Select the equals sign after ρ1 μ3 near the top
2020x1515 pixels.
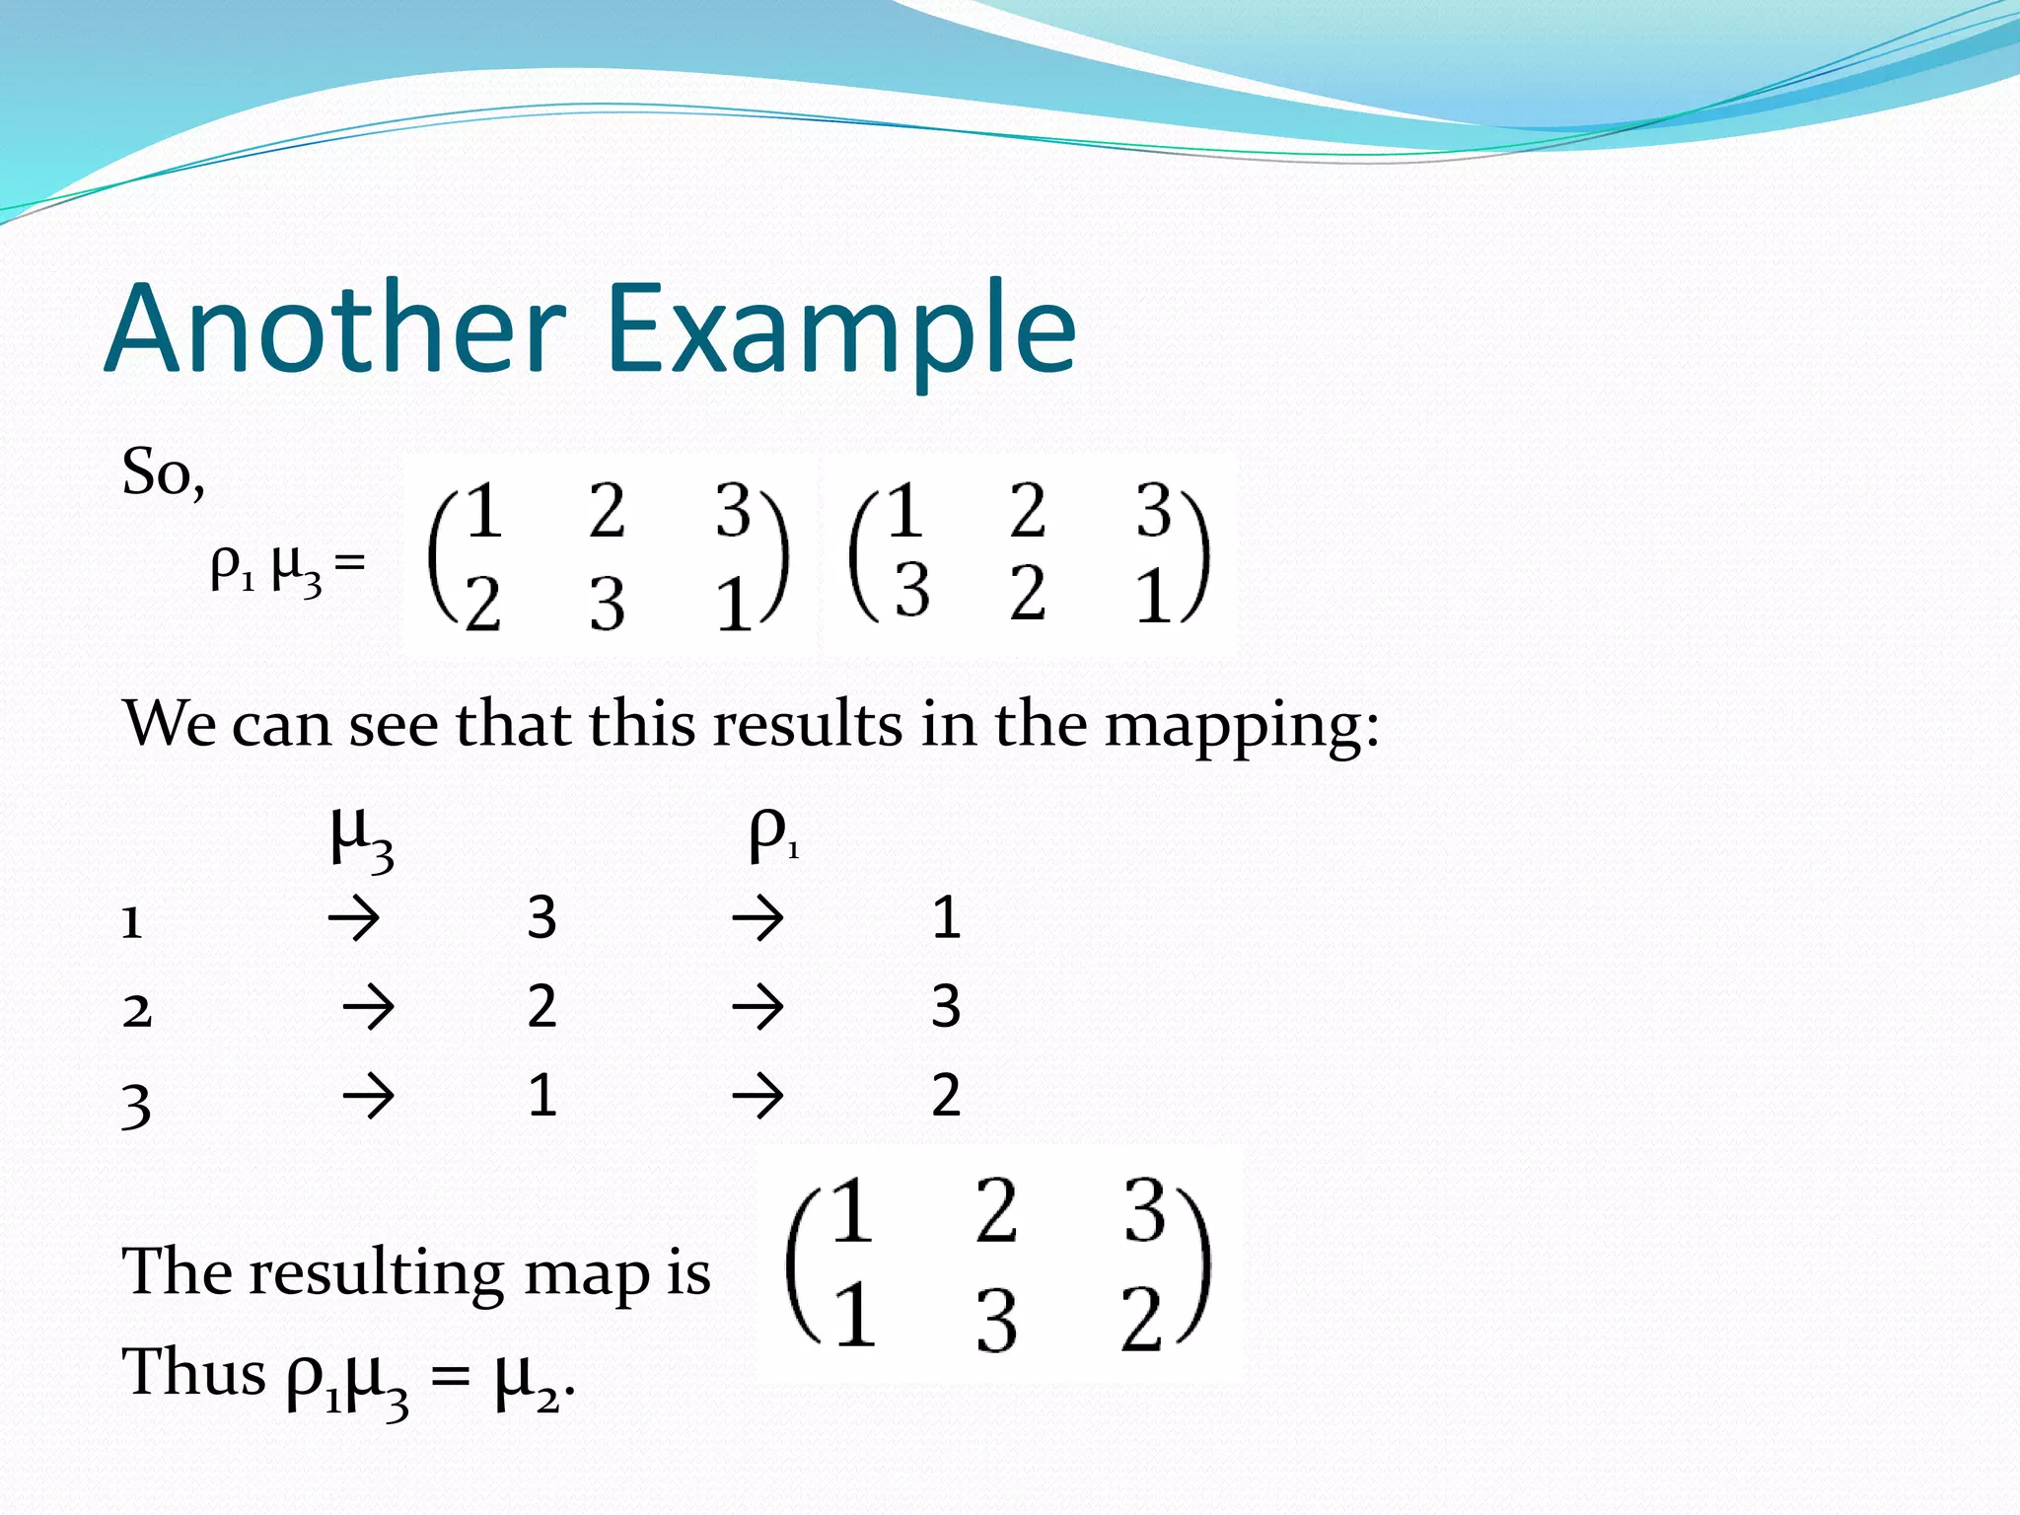tap(350, 563)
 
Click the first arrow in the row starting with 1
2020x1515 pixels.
tap(353, 919)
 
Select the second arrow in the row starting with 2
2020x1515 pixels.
tap(757, 1008)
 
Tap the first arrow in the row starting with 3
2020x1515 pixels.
tap(368, 1097)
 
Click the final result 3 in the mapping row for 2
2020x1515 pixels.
tap(946, 1007)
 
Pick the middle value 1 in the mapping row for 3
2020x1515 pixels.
tap(541, 1096)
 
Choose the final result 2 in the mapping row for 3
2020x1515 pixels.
tap(946, 1096)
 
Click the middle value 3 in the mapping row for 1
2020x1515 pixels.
tap(541, 918)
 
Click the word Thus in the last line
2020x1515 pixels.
tap(193, 1372)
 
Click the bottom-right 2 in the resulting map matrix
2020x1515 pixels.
tap(1143, 1320)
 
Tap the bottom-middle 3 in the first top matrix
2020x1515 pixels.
tap(608, 603)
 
